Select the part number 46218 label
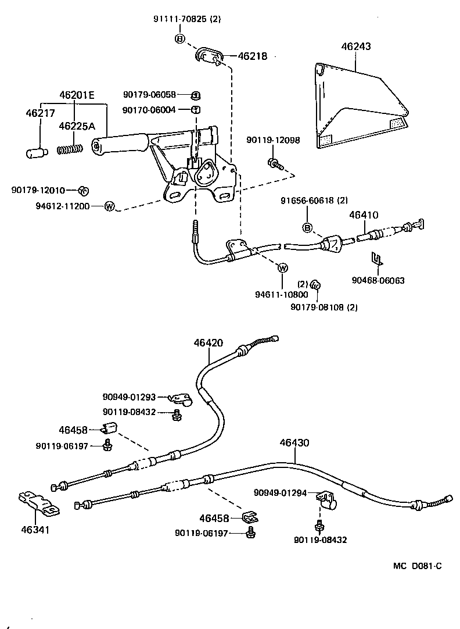[252, 56]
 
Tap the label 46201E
[76, 95]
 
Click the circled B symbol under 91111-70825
[179, 39]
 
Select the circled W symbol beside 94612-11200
[109, 206]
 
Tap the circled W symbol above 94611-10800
[283, 268]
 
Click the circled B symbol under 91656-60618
[308, 227]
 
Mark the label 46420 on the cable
[209, 343]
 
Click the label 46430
[294, 442]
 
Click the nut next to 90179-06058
[196, 95]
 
